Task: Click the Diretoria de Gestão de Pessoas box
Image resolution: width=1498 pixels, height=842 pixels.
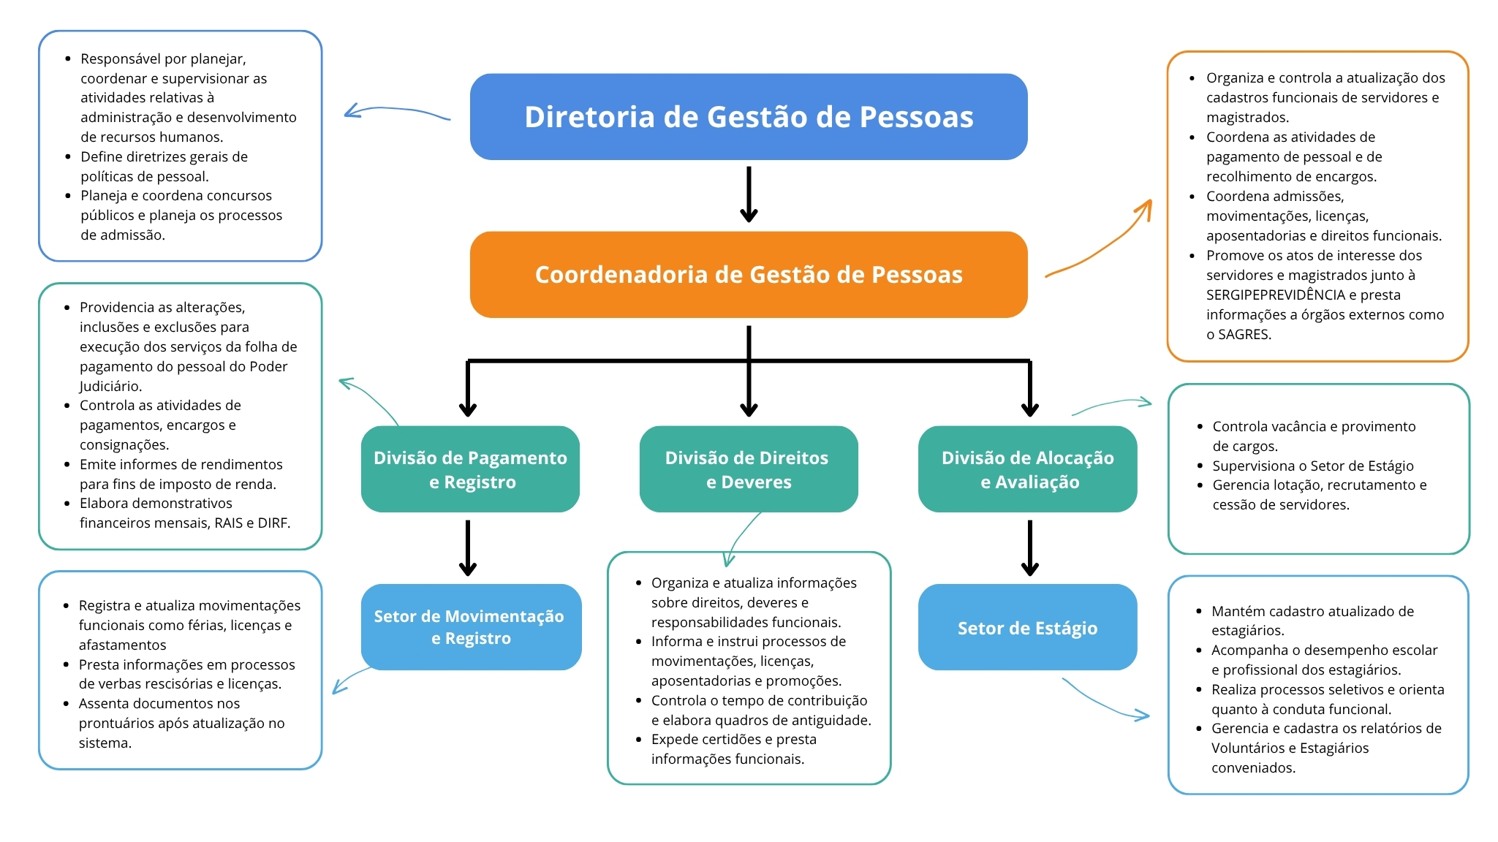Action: pos(749,117)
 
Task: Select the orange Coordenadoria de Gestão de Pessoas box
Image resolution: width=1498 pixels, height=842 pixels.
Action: pos(749,275)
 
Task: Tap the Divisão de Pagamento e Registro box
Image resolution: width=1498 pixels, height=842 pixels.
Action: pos(470,469)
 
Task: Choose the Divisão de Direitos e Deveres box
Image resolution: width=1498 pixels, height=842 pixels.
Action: pos(748,469)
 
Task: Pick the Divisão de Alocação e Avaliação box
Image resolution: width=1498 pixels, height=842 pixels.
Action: pos(1027,469)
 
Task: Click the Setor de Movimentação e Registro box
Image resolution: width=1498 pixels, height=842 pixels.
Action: pos(470,627)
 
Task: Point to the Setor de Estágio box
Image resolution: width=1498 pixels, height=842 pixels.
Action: pos(1027,627)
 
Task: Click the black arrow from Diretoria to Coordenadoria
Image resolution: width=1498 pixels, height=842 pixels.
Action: pos(749,194)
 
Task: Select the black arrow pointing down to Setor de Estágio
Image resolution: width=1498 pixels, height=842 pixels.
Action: pos(1029,548)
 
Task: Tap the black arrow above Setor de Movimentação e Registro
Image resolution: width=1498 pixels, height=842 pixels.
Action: pos(468,548)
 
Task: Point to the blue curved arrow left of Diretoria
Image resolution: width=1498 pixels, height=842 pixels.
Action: pos(395,112)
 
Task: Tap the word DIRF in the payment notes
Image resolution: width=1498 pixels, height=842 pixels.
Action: pos(274,523)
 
